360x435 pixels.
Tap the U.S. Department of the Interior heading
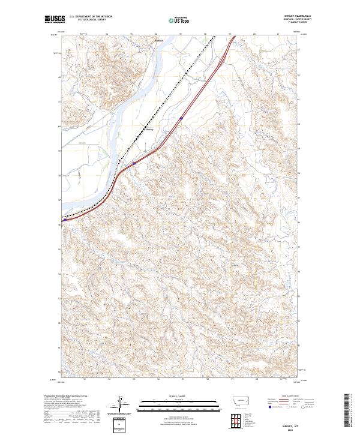click(x=91, y=16)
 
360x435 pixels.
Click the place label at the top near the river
click(x=158, y=41)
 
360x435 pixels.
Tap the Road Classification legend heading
click(x=285, y=397)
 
